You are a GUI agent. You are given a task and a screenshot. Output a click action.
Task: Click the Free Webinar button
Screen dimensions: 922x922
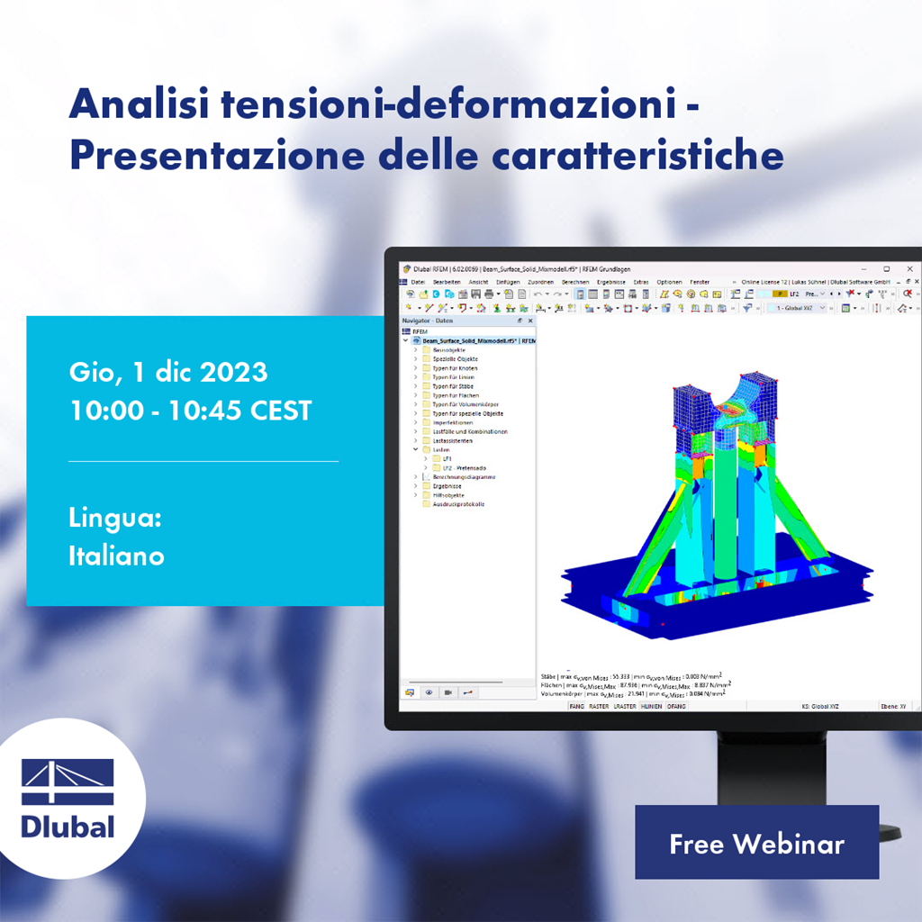point(756,844)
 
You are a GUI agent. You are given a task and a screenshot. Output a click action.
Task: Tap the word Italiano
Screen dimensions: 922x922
point(116,556)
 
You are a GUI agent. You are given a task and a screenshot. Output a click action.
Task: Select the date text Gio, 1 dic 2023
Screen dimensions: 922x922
point(167,372)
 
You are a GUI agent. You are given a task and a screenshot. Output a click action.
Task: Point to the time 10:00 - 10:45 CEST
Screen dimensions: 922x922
point(190,411)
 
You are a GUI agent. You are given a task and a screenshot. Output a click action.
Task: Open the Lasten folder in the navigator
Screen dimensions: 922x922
point(442,449)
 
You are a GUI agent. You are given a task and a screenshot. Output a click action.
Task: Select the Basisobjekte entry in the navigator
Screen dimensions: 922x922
point(449,349)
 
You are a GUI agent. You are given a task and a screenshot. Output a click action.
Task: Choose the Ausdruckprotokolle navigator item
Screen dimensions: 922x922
point(458,504)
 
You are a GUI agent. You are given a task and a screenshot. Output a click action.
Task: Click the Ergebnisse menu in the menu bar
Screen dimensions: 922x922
point(612,282)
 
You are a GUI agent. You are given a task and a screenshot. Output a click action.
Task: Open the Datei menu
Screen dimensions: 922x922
point(418,282)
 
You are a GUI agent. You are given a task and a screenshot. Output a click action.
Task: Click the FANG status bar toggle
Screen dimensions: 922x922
point(576,707)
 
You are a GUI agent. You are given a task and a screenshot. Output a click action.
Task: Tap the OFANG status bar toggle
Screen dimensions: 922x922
point(675,707)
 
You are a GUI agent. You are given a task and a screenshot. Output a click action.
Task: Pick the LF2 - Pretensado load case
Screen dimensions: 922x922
point(463,468)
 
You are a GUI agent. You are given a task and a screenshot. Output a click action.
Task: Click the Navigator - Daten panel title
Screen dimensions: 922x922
point(428,321)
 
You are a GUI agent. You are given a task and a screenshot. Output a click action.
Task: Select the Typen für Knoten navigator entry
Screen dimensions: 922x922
point(455,368)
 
